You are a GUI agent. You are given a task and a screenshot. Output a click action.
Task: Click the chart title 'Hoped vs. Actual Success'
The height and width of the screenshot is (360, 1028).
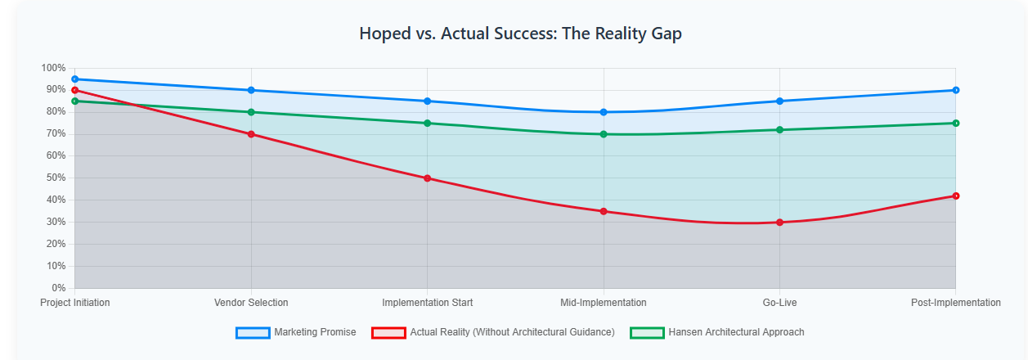(x=520, y=34)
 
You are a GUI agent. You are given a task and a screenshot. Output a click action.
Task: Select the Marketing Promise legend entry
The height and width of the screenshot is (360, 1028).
(x=296, y=332)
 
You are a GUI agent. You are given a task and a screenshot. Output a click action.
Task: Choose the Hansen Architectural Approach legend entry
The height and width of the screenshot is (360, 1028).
(x=717, y=332)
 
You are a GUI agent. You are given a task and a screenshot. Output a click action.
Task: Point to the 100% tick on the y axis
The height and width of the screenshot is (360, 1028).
(x=53, y=68)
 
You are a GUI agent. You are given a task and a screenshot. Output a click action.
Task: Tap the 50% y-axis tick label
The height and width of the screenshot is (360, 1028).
(x=55, y=178)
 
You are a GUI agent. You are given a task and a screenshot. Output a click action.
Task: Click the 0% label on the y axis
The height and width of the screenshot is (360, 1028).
(x=58, y=288)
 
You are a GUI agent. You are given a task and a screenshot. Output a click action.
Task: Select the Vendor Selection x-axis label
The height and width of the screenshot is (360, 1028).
(x=251, y=303)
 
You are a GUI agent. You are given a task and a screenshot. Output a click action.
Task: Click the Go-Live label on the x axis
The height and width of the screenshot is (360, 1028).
(x=779, y=303)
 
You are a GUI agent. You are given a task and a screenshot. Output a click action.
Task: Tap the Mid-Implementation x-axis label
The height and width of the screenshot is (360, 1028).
(x=604, y=303)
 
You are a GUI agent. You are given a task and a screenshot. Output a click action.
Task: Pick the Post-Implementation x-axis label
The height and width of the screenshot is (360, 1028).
(x=955, y=303)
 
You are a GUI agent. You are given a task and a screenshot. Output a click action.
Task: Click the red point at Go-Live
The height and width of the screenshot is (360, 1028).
(x=779, y=223)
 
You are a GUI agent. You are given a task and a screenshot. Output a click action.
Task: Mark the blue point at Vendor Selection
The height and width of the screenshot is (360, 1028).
(x=251, y=90)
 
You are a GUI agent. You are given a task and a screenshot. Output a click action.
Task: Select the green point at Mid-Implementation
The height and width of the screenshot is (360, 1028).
(x=604, y=134)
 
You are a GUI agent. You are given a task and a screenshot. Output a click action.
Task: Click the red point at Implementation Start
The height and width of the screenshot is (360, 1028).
(x=427, y=178)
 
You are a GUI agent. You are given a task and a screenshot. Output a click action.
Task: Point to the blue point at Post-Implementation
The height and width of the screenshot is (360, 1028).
(x=955, y=90)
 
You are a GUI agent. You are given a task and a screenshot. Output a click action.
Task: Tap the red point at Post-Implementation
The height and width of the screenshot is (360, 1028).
(x=955, y=196)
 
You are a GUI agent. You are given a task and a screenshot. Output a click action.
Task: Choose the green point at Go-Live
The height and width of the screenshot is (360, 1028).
(x=779, y=129)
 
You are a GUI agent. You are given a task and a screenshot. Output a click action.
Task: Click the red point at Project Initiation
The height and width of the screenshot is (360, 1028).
(x=74, y=90)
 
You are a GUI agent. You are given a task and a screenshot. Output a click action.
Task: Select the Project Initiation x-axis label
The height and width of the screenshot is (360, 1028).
(x=75, y=303)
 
